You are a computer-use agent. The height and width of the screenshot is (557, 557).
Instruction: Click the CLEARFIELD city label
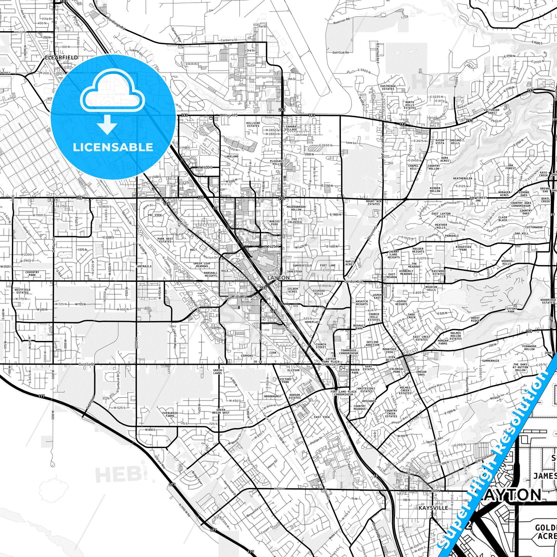(61, 57)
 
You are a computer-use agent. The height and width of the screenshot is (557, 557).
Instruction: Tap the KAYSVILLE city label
(433, 508)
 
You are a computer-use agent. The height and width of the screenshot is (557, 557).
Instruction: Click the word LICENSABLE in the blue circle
(113, 147)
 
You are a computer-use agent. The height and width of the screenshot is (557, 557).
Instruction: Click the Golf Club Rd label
(340, 52)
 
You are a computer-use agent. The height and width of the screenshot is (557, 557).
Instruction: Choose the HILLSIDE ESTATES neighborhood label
(253, 125)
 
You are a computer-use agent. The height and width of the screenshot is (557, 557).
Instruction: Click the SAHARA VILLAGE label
(291, 128)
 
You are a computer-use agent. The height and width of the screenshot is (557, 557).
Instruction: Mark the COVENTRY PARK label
(32, 274)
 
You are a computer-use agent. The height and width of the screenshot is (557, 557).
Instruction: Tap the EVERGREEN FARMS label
(170, 414)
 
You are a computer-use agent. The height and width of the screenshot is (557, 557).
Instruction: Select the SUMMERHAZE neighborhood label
(490, 361)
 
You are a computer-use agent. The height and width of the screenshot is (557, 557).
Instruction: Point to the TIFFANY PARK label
(511, 310)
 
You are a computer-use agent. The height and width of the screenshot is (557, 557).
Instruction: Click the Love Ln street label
(351, 143)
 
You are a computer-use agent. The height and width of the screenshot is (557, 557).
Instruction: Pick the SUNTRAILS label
(144, 266)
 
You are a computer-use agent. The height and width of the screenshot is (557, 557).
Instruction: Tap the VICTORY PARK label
(286, 380)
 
